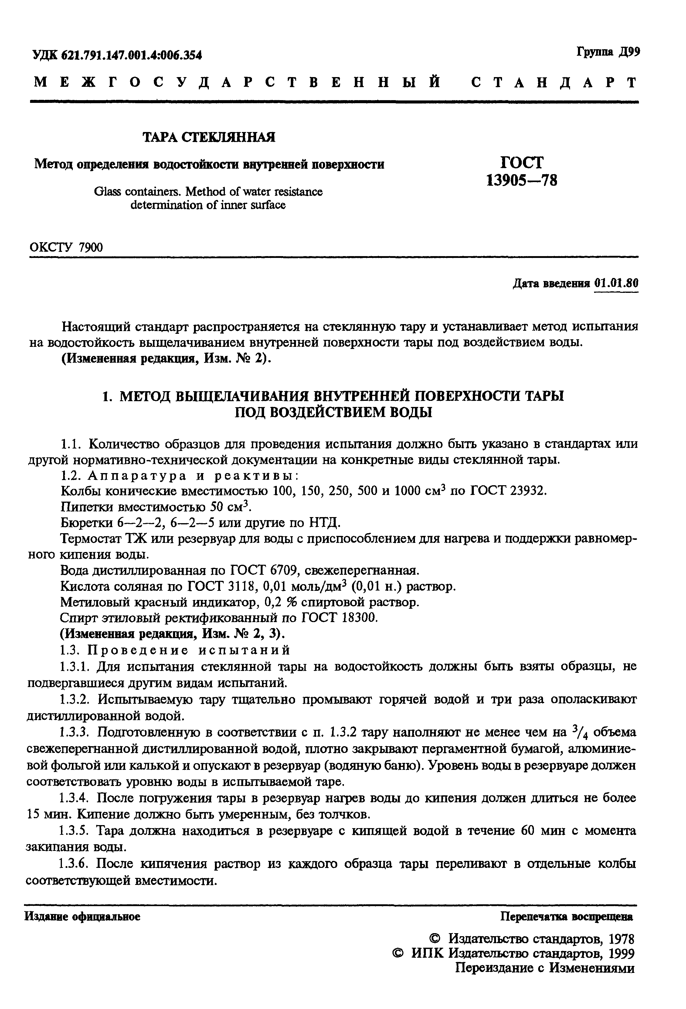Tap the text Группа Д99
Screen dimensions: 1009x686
608,52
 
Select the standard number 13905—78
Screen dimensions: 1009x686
521,180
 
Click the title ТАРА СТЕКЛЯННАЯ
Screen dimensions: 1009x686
209,137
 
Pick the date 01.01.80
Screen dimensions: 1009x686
616,283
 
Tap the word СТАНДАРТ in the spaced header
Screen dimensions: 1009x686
554,83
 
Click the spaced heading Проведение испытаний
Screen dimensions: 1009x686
189,650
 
